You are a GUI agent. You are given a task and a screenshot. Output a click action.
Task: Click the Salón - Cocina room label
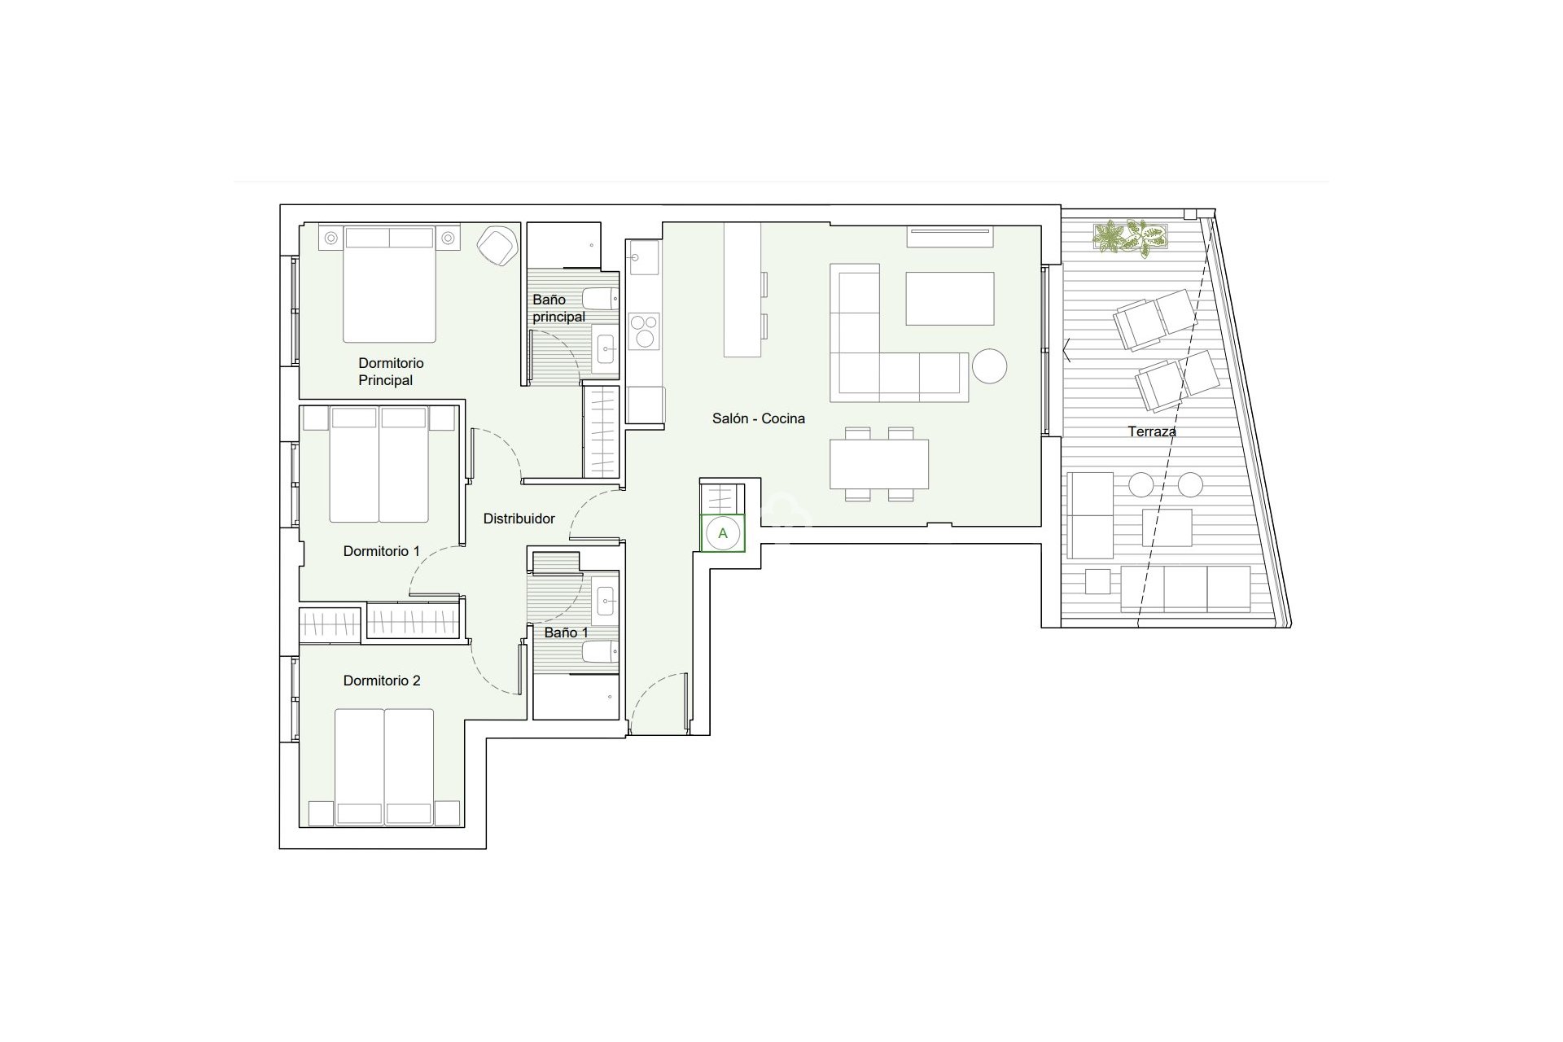[758, 418]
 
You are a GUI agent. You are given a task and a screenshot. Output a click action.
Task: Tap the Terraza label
[1151, 431]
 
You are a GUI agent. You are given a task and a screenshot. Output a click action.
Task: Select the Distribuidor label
[519, 519]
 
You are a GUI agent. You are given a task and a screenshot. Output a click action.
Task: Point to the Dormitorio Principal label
[391, 371]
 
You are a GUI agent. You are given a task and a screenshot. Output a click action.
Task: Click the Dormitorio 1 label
[381, 551]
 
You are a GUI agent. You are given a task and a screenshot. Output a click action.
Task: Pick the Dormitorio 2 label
[381, 681]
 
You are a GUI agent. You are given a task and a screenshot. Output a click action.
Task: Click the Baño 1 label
[566, 633]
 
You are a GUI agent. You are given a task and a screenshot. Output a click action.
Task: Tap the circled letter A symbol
[722, 534]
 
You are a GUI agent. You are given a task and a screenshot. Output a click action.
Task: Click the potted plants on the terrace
[1131, 237]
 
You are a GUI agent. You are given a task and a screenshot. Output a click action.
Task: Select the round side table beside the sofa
[989, 366]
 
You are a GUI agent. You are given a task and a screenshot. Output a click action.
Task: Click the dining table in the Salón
[879, 463]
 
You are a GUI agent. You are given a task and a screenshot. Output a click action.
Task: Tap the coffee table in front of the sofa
[949, 299]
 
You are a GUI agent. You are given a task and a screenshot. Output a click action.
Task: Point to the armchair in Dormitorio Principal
[496, 244]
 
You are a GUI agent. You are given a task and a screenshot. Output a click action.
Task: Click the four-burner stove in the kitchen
[643, 331]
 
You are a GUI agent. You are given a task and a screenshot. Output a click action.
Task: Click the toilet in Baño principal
[600, 299]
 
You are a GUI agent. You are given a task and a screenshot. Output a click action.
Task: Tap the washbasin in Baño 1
[605, 603]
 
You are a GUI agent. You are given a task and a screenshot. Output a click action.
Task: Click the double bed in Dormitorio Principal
[389, 285]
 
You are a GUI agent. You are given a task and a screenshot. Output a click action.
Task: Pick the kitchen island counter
[742, 290]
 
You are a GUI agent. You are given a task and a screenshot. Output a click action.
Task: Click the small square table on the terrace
[1167, 528]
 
